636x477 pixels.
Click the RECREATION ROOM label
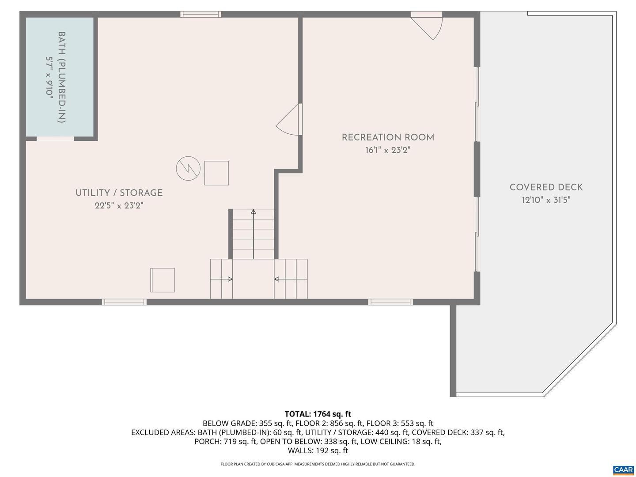click(x=388, y=137)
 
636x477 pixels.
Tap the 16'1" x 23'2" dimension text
click(x=388, y=150)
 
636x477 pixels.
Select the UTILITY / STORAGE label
click(x=119, y=193)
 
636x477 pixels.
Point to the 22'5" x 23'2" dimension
click(x=119, y=205)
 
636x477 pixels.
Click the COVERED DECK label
click(x=546, y=187)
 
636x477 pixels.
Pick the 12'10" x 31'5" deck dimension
click(x=546, y=200)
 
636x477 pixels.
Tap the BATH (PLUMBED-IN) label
click(x=62, y=77)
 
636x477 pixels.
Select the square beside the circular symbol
click(x=216, y=173)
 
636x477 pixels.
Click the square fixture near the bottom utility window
click(x=163, y=280)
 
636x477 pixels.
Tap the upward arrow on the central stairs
click(x=253, y=212)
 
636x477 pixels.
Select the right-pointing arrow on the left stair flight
click(x=229, y=279)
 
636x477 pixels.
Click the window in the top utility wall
click(x=201, y=14)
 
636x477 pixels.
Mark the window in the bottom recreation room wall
click(x=390, y=302)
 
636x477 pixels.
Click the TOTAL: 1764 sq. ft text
click(x=318, y=414)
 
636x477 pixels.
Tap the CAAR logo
click(x=623, y=470)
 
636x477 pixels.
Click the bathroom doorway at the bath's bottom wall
click(x=55, y=139)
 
